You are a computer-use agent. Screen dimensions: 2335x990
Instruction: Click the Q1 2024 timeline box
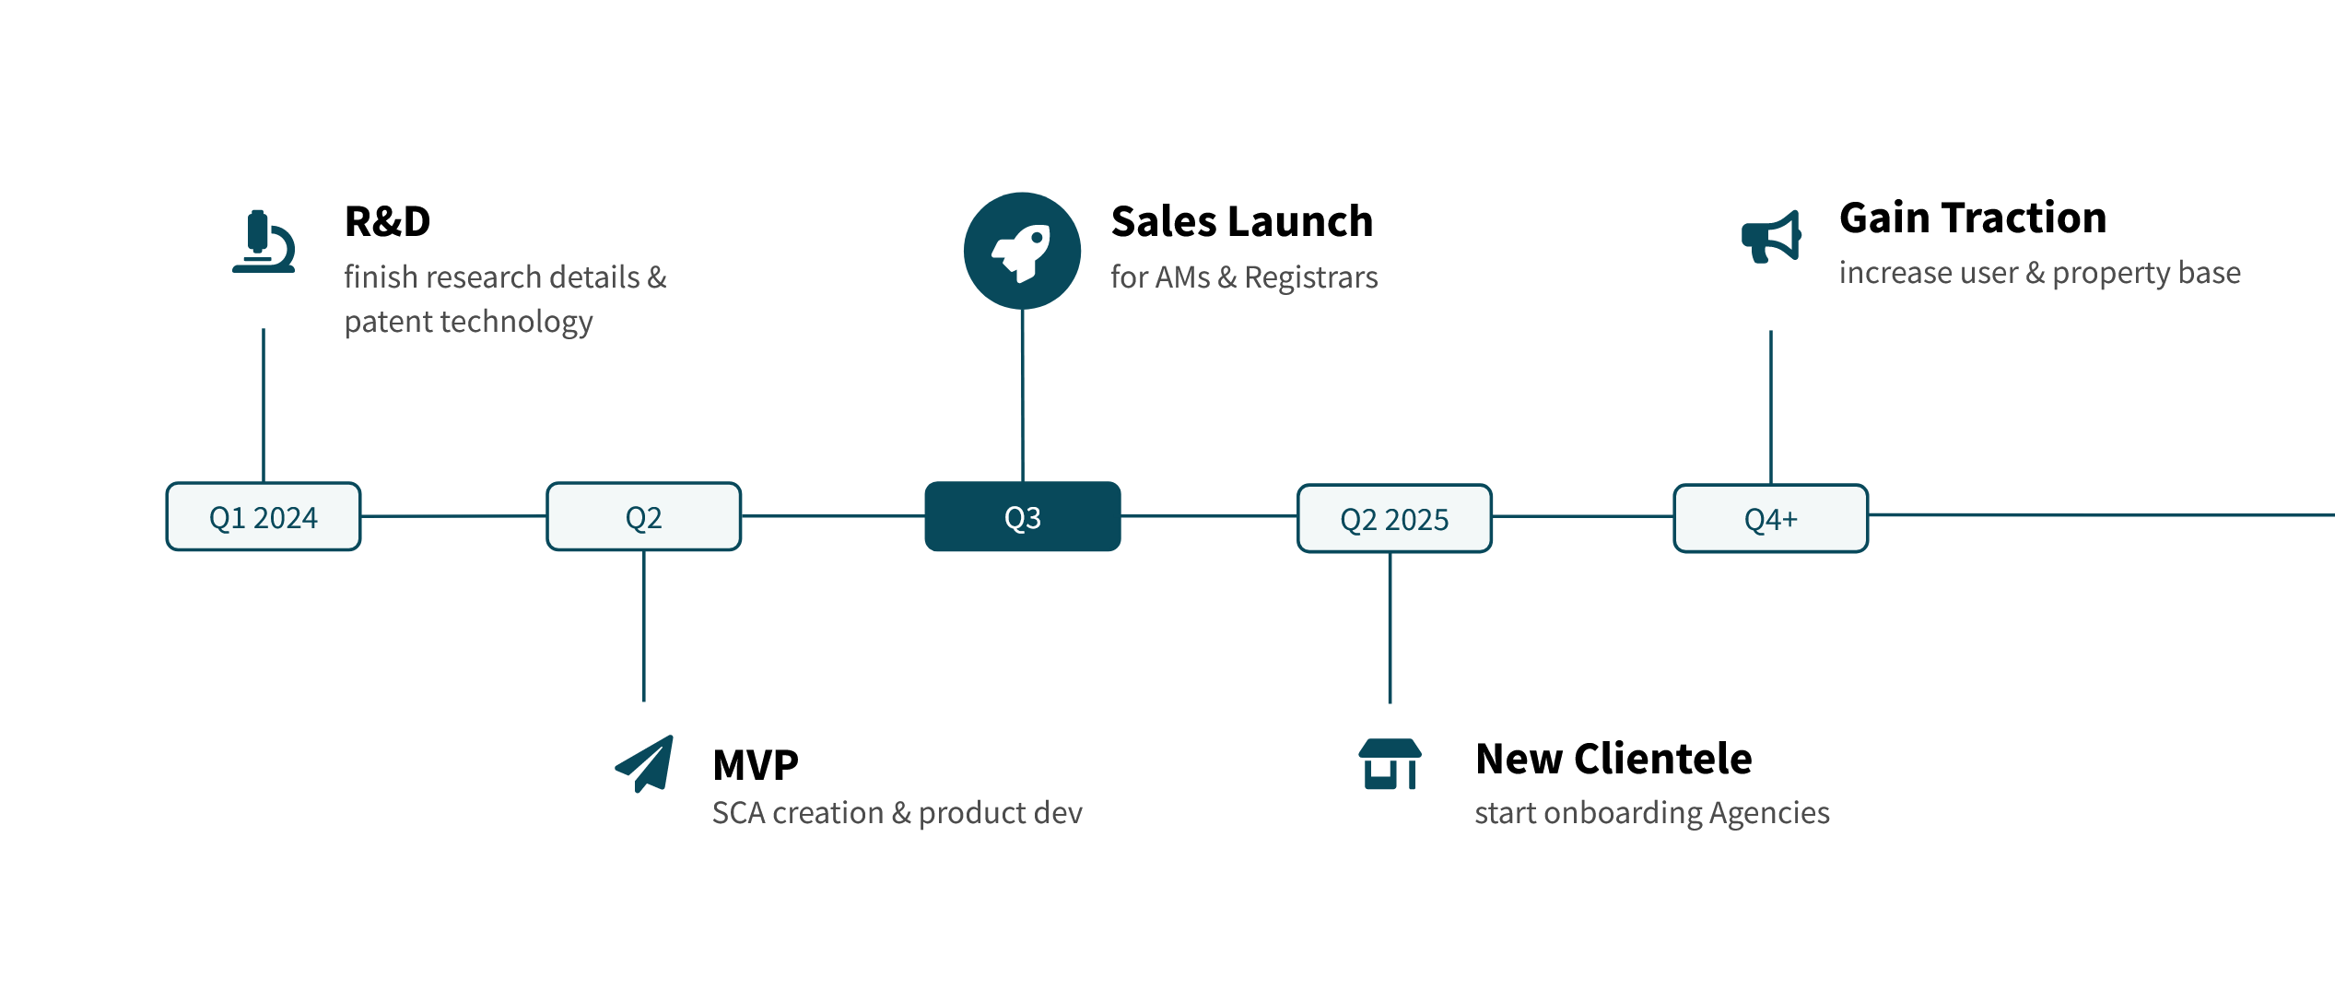tap(264, 516)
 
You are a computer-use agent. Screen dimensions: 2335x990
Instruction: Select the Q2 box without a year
tap(644, 516)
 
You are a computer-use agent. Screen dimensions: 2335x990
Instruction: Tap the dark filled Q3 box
tap(1023, 516)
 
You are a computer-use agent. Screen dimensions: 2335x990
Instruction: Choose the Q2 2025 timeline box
tap(1394, 518)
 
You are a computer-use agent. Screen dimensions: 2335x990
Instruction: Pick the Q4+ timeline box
tap(1771, 518)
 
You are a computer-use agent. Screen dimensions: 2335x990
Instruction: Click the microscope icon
tap(264, 242)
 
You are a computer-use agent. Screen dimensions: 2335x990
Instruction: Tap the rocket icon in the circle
tap(1022, 251)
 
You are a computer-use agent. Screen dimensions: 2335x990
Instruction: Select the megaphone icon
tap(1771, 238)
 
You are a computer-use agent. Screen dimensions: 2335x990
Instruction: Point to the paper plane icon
tap(645, 763)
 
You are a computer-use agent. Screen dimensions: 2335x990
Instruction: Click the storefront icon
tap(1390, 764)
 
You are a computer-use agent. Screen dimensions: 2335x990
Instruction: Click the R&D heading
tap(387, 221)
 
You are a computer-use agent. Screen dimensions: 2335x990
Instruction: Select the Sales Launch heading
tap(1242, 221)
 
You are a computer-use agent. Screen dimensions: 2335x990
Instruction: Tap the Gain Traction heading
tap(1973, 218)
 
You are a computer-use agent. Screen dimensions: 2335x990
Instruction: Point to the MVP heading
tap(756, 765)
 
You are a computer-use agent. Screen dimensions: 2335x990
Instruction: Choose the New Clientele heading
tap(1613, 759)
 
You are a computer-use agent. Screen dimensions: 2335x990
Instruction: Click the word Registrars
tap(1311, 278)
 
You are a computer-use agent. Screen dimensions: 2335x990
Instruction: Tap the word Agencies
tap(1769, 814)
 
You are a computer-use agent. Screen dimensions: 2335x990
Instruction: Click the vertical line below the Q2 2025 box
tap(1390, 628)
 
